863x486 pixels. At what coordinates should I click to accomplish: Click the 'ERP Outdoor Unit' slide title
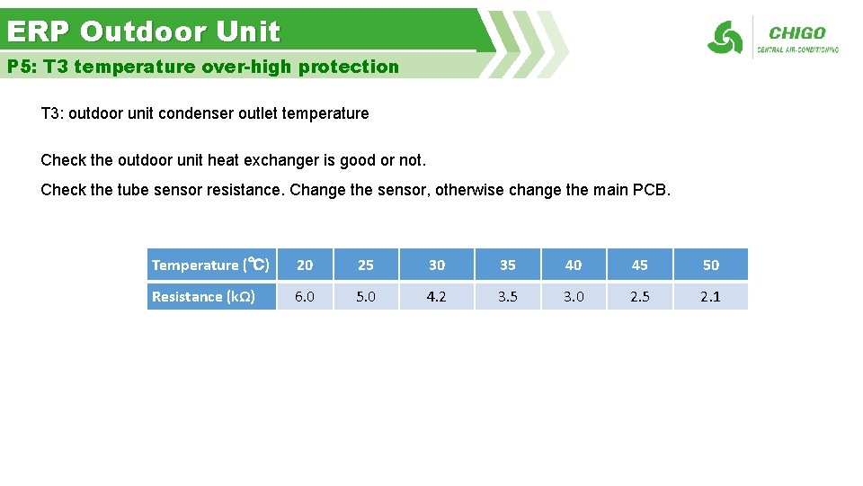point(144,32)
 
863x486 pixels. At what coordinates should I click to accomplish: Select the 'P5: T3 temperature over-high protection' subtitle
point(203,67)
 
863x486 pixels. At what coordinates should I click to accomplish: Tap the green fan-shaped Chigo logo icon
point(725,38)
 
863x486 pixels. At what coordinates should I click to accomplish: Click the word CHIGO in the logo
point(797,33)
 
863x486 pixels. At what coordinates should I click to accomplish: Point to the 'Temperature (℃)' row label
point(210,265)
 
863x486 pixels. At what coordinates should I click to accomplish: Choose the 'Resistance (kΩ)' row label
point(204,297)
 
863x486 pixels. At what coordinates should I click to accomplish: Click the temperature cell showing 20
point(305,265)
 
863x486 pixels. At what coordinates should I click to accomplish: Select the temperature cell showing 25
point(366,265)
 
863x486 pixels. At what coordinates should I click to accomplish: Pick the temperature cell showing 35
point(508,265)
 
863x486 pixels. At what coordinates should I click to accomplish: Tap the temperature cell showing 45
point(639,265)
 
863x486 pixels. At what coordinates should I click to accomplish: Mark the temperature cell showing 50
point(710,265)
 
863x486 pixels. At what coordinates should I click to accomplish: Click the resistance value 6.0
point(305,297)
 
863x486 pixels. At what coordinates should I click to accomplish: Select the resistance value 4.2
point(437,297)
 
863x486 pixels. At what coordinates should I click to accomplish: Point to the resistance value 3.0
point(574,297)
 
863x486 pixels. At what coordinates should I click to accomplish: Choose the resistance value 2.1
point(710,297)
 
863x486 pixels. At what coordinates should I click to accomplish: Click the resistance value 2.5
point(639,297)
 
